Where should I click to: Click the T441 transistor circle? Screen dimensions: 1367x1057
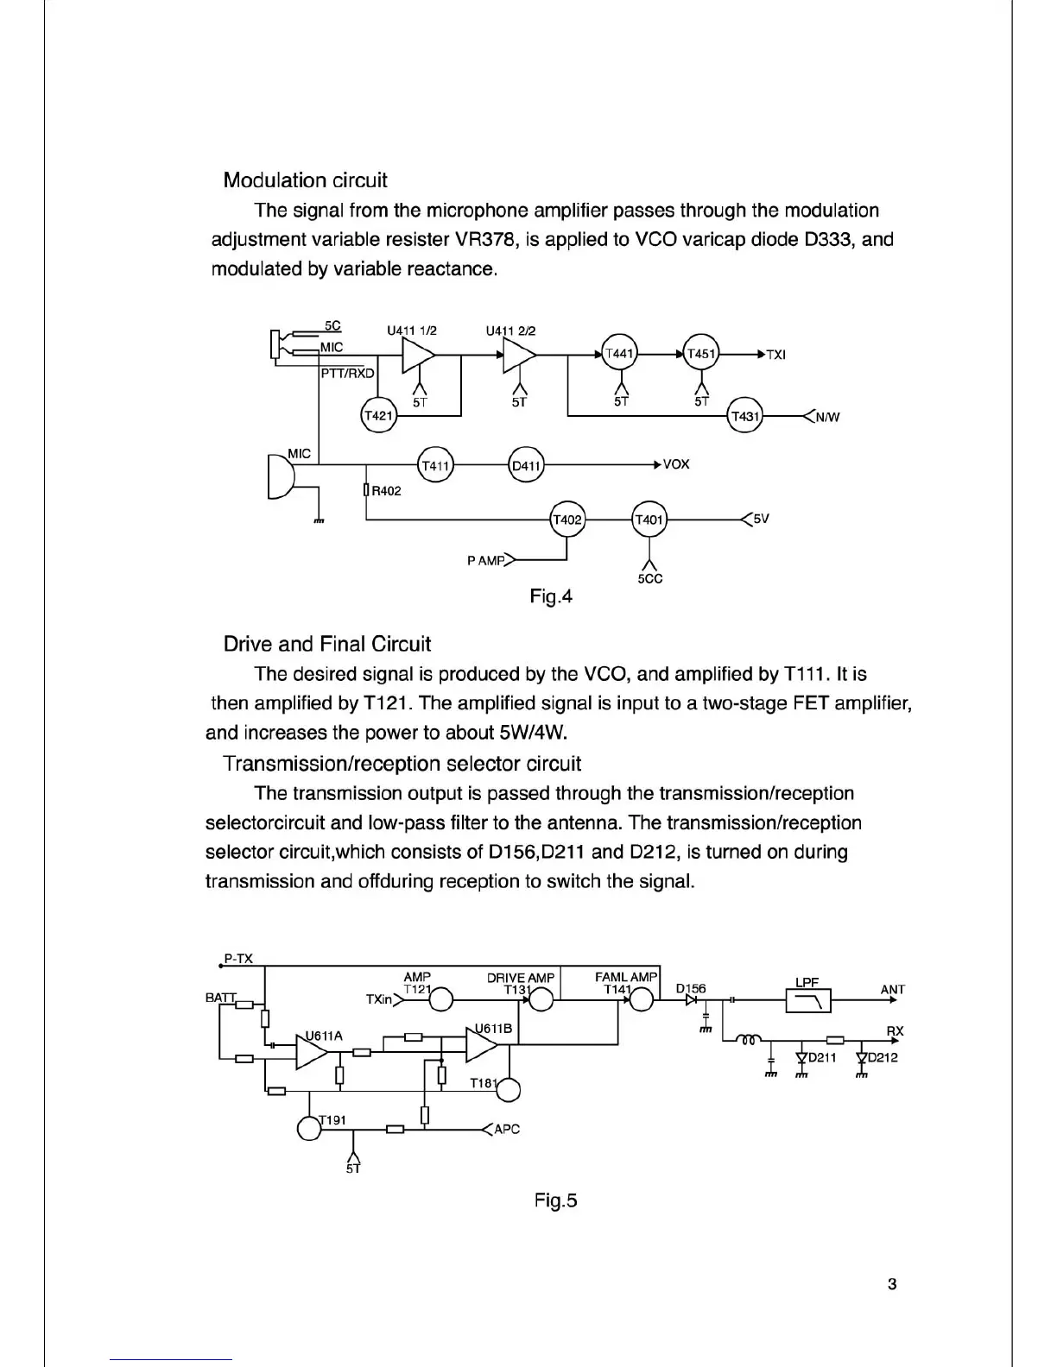[x=618, y=353]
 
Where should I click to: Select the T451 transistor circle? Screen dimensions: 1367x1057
[x=701, y=353]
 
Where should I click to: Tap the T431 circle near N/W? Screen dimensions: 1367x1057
[x=744, y=417]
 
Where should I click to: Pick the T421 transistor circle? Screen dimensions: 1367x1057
[x=377, y=416]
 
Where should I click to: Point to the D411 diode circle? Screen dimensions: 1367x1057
[x=526, y=466]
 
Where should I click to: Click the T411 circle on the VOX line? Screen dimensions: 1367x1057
[x=435, y=466]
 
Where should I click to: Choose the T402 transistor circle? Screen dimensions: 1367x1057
[x=566, y=520]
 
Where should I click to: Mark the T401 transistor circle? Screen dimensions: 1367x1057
[x=649, y=520]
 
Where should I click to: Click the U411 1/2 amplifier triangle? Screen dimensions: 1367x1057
[x=419, y=354]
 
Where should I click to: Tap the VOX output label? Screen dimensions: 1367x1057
[x=676, y=464]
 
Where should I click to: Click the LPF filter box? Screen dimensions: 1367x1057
[x=808, y=1000]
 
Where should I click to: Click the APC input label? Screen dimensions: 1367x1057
[x=507, y=1129]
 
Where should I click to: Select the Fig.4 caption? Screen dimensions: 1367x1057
[x=551, y=596]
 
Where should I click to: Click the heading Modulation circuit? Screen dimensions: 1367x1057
[x=305, y=180]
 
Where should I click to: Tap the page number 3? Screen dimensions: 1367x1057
[x=892, y=1283]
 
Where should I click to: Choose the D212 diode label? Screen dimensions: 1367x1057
[x=883, y=1057]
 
